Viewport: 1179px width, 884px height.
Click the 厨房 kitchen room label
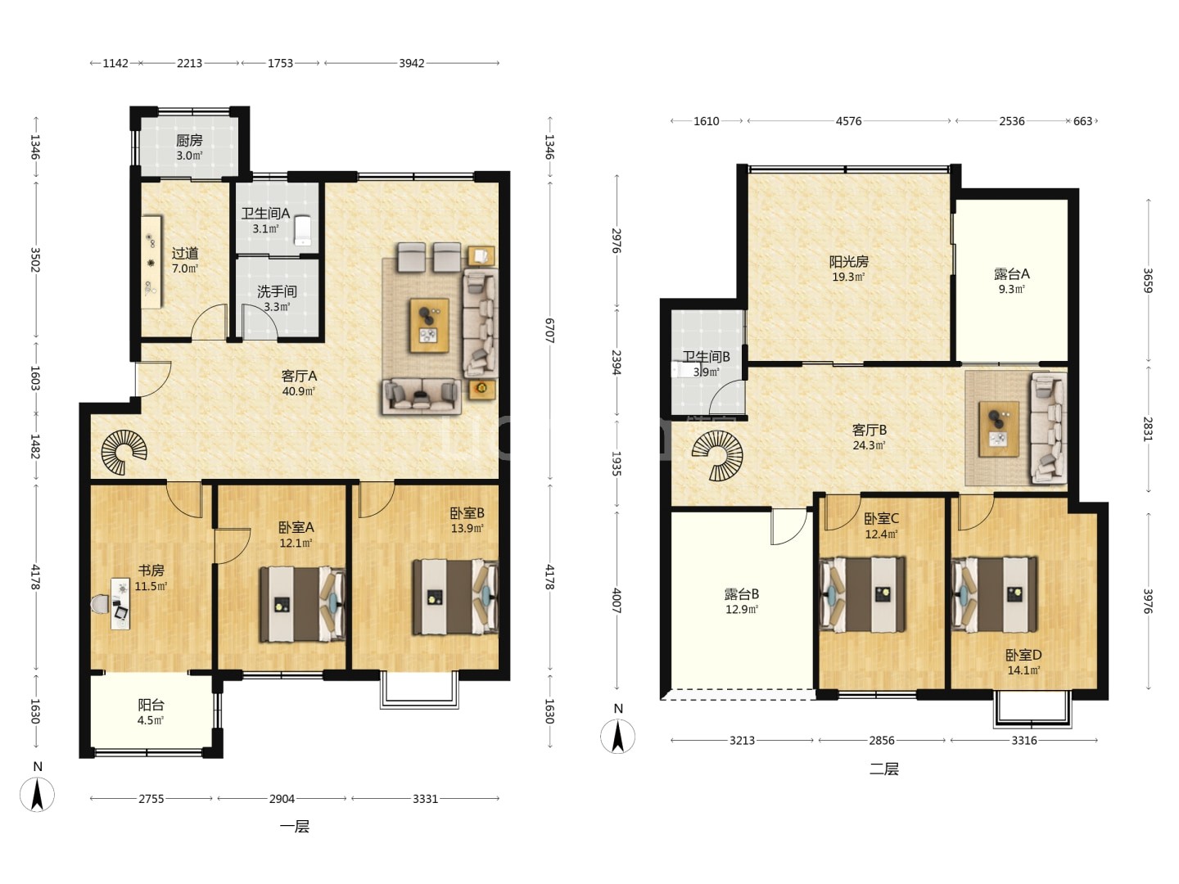[x=189, y=140]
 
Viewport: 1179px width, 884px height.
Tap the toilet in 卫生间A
[x=303, y=230]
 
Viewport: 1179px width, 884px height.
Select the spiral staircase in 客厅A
[x=124, y=452]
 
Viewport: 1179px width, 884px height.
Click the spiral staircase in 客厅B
[x=717, y=456]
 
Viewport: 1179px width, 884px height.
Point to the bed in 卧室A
[x=302, y=604]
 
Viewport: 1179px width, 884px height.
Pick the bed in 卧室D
[x=994, y=595]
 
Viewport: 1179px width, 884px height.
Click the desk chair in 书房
[x=100, y=604]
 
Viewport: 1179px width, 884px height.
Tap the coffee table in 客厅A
[x=429, y=325]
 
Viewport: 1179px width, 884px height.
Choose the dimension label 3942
[x=412, y=63]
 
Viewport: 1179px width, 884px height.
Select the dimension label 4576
[x=848, y=121]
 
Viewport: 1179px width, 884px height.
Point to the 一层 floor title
[x=295, y=826]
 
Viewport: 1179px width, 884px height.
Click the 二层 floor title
[x=883, y=769]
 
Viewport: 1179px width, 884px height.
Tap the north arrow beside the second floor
[x=617, y=736]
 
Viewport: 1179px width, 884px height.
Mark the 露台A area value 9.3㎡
[x=1011, y=289]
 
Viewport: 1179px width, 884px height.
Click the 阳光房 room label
[x=849, y=261]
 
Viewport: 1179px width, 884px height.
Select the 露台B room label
[x=741, y=594]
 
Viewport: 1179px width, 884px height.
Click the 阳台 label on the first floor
[x=151, y=704]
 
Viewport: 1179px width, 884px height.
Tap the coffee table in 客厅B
[x=999, y=429]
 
